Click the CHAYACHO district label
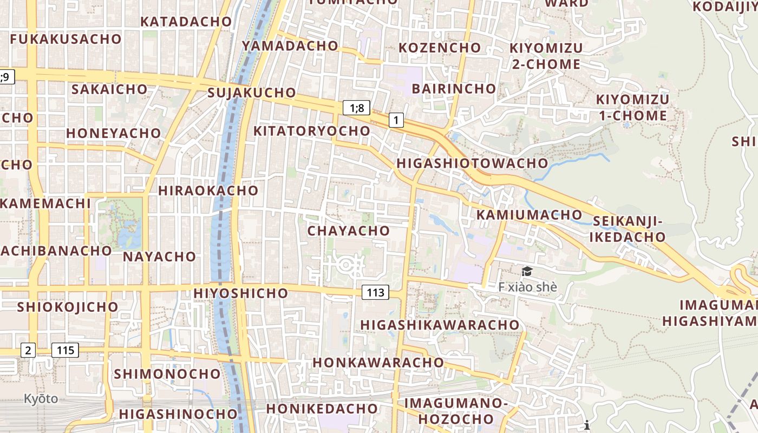(x=349, y=231)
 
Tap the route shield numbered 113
(x=375, y=293)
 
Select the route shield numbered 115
(x=65, y=350)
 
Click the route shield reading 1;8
(x=357, y=108)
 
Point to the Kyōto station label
(x=41, y=399)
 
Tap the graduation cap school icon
(x=527, y=271)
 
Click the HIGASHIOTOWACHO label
(x=472, y=163)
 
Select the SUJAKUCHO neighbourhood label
(x=252, y=93)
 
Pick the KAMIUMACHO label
(x=529, y=215)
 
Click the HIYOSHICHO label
(x=241, y=293)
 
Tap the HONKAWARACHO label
(x=378, y=362)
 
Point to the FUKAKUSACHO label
(x=66, y=39)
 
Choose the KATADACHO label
(x=186, y=22)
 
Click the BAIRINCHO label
(x=454, y=88)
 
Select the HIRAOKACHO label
(x=208, y=191)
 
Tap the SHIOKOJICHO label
(x=68, y=307)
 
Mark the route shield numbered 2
(x=28, y=350)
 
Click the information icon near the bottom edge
(x=586, y=425)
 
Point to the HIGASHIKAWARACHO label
(x=440, y=325)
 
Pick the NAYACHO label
(x=159, y=257)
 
